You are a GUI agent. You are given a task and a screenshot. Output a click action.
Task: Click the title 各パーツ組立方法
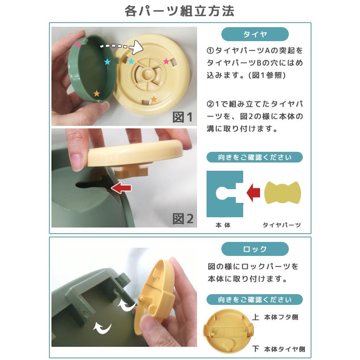[180, 11]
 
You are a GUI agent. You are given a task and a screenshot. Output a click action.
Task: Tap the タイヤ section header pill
[255, 34]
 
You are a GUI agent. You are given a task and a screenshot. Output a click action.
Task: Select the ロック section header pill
[255, 249]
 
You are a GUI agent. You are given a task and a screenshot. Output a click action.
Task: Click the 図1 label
[182, 117]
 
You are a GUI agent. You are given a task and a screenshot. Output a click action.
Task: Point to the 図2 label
[182, 218]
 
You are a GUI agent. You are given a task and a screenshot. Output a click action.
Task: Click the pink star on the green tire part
[78, 44]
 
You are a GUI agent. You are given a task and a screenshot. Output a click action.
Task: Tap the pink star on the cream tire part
[166, 61]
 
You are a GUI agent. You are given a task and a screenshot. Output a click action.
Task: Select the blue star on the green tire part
[107, 62]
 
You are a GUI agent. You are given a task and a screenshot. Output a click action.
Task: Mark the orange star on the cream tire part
[154, 99]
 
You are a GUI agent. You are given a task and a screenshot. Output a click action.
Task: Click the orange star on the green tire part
[97, 93]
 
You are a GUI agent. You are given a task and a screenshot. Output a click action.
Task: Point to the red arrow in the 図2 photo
[122, 188]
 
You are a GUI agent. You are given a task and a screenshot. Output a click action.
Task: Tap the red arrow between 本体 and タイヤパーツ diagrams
[253, 192]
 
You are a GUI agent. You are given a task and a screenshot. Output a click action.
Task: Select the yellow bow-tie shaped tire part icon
[282, 192]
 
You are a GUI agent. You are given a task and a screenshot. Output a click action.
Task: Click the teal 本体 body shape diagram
[224, 193]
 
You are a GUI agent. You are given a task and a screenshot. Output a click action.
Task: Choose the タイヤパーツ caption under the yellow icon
[282, 225]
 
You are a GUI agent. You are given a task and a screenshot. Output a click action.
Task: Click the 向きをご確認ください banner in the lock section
[254, 299]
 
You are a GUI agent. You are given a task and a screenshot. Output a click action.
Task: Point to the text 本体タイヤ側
[284, 349]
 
